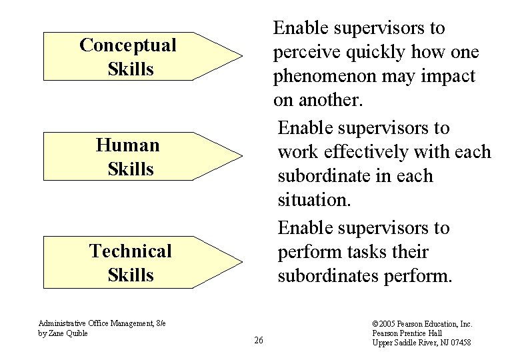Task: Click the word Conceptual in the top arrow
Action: [x=127, y=45]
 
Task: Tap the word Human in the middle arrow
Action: [x=127, y=145]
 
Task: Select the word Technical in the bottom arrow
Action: [x=131, y=251]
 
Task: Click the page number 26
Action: [x=259, y=341]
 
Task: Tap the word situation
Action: [x=313, y=201]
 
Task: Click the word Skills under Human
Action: [x=131, y=169]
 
